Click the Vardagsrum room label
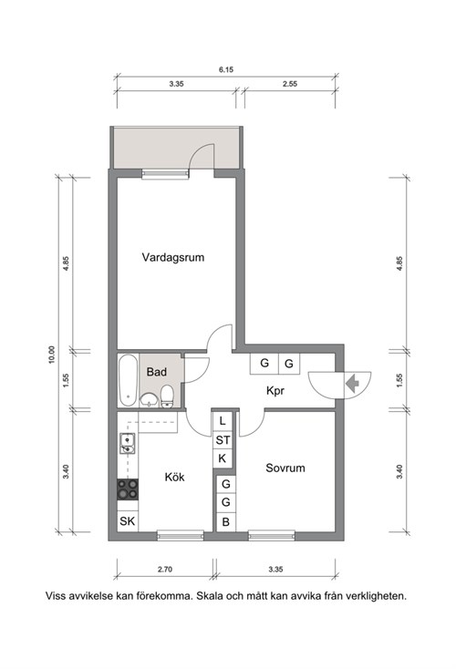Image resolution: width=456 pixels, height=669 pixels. click(173, 258)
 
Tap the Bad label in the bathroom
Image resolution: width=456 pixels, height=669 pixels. click(156, 372)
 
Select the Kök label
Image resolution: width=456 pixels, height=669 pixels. click(174, 477)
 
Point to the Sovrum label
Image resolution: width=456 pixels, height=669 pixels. click(285, 468)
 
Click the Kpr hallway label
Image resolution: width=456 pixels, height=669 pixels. click(275, 391)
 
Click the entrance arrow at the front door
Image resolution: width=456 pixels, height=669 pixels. click(352, 384)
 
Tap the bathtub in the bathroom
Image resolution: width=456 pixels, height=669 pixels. click(128, 380)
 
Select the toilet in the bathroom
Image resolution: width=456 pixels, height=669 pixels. click(167, 396)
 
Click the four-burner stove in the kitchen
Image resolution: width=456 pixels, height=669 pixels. click(128, 489)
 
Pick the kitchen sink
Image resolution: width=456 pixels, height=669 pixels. click(128, 443)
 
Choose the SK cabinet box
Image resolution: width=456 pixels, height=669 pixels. click(128, 521)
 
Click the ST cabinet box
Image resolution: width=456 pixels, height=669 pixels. click(223, 440)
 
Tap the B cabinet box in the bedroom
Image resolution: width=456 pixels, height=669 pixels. click(226, 522)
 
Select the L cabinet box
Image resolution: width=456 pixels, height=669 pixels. click(223, 421)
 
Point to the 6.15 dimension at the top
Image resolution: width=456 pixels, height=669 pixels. click(226, 69)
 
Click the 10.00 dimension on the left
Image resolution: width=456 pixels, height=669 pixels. click(52, 355)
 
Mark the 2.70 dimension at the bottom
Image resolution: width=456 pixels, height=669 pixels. click(165, 569)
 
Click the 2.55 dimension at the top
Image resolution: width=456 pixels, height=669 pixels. click(290, 84)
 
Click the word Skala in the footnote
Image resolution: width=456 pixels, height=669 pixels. click(211, 596)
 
